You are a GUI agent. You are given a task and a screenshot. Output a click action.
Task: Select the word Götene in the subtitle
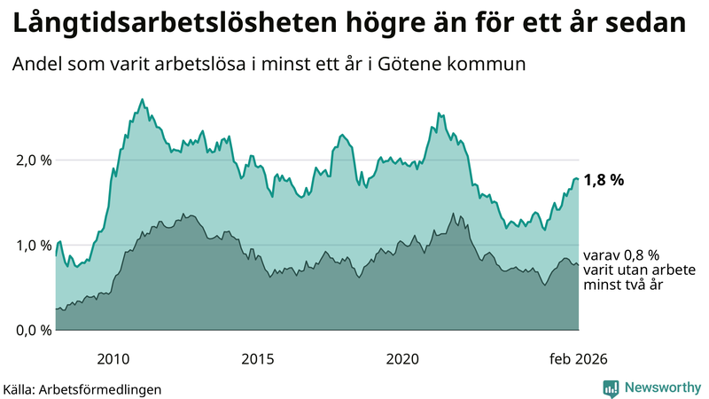pos(440,65)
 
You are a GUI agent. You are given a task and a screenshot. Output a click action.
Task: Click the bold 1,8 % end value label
pos(604,180)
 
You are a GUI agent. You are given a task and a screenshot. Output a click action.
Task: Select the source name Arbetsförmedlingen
pos(102,388)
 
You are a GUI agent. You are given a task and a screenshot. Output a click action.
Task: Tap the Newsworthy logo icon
pos(611,387)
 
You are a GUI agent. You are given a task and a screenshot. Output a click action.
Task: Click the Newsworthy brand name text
pos(661,387)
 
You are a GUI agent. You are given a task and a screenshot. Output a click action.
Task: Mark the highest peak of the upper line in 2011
pos(143,99)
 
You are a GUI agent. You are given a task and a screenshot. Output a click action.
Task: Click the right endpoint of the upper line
pos(578,179)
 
